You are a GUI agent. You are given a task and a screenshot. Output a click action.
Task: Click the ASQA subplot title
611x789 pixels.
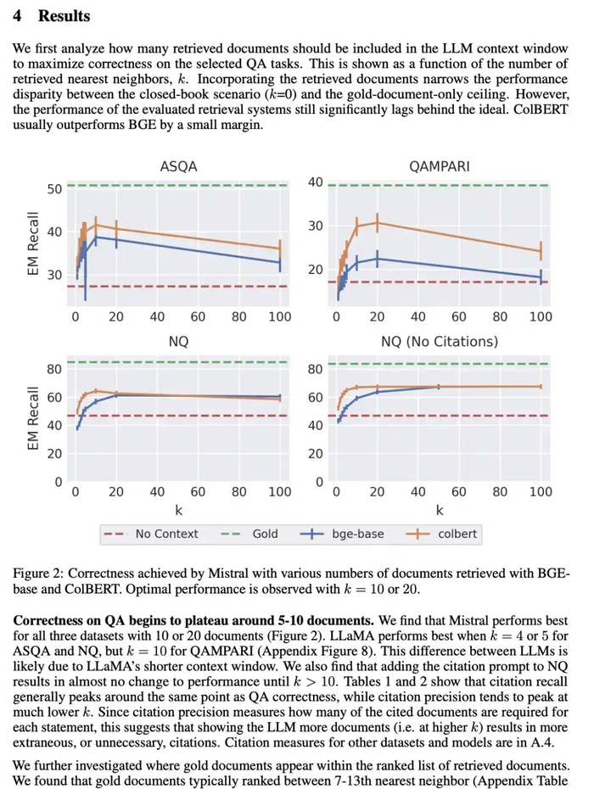tap(178, 167)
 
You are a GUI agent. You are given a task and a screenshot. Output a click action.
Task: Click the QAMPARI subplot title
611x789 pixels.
tap(439, 167)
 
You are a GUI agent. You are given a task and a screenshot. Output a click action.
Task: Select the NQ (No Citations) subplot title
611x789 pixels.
tap(439, 341)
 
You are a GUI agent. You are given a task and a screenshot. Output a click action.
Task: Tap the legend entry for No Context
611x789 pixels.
tap(166, 534)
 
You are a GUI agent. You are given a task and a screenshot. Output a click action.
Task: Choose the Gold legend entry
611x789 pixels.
tap(265, 534)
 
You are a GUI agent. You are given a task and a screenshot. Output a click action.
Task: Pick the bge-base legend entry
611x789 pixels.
tap(357, 534)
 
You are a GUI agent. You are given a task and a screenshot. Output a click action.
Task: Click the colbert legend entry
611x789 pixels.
tap(457, 534)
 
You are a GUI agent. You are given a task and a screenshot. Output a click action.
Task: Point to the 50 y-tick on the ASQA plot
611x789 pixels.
tap(54, 188)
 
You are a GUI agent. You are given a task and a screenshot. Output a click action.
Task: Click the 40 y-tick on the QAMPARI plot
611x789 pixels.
tap(315, 182)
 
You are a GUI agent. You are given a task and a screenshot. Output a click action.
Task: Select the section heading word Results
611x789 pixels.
tap(64, 16)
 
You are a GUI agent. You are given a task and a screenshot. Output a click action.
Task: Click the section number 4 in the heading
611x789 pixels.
tap(19, 16)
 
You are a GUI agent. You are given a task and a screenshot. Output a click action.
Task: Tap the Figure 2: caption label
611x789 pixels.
tap(40, 574)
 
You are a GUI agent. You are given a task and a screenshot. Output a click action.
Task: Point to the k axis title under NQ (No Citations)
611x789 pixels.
tap(439, 510)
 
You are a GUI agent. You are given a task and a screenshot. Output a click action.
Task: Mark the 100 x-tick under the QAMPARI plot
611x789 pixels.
tap(541, 316)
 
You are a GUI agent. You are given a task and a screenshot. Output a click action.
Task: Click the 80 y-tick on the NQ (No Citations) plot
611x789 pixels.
tap(315, 369)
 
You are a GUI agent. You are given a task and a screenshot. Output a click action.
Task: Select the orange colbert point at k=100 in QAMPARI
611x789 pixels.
tap(541, 250)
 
